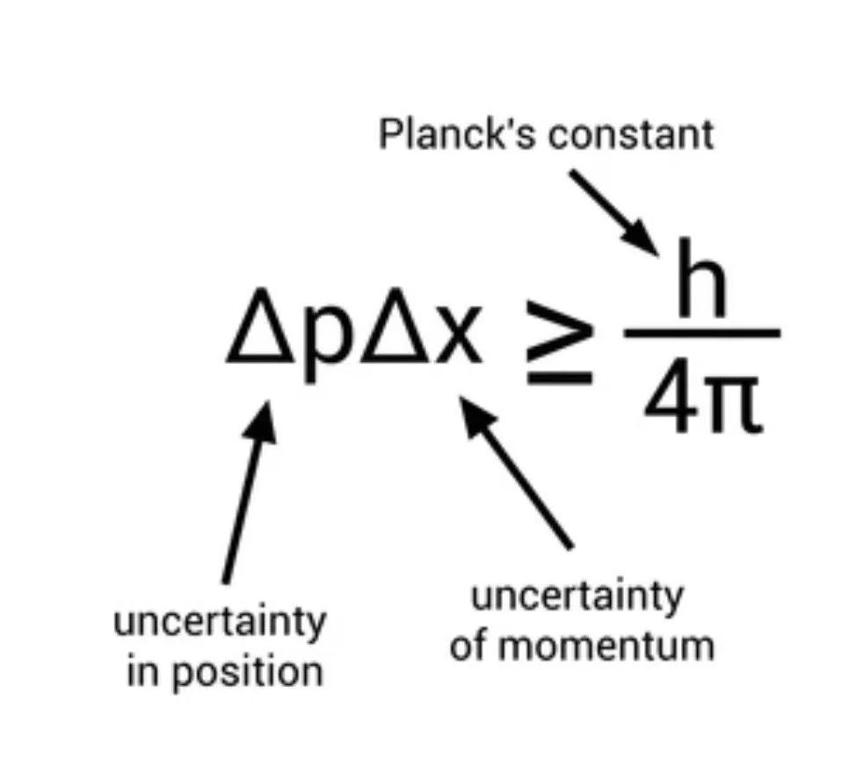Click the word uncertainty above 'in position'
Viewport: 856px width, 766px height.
point(220,624)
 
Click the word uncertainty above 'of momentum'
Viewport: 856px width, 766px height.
point(577,597)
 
